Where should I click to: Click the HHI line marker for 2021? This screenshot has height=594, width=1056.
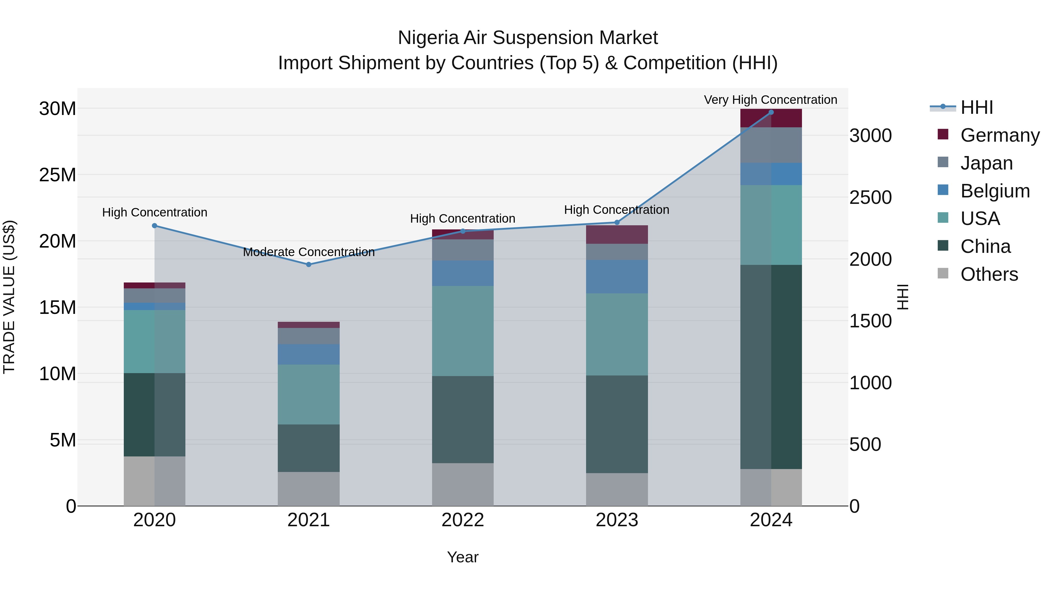point(309,264)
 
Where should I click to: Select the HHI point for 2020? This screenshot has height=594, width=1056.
point(155,226)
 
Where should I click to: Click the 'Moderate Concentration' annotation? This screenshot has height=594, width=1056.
point(309,252)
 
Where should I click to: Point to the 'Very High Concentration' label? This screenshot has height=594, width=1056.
point(770,100)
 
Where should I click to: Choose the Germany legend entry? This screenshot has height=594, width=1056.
point(999,135)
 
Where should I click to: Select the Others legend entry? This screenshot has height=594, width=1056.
point(989,274)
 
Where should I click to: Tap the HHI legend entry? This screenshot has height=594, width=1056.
point(977,107)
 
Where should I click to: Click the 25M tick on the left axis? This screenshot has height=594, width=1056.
point(57,175)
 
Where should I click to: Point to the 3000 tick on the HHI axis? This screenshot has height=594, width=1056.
point(870,136)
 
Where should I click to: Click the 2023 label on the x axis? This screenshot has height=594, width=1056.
point(617,520)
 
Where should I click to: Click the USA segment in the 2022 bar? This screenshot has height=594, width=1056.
point(463,331)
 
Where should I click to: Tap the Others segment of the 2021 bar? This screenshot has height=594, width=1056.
point(309,489)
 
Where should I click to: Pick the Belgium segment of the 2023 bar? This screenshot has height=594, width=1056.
point(617,276)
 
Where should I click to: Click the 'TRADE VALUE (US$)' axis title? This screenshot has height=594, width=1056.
point(9,297)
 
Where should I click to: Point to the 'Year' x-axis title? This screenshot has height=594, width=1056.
point(463,557)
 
